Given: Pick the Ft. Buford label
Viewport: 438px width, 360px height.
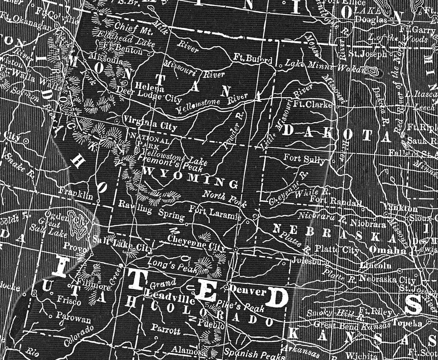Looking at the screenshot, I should [x=253, y=59].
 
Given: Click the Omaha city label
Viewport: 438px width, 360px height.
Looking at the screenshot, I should [x=387, y=251].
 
